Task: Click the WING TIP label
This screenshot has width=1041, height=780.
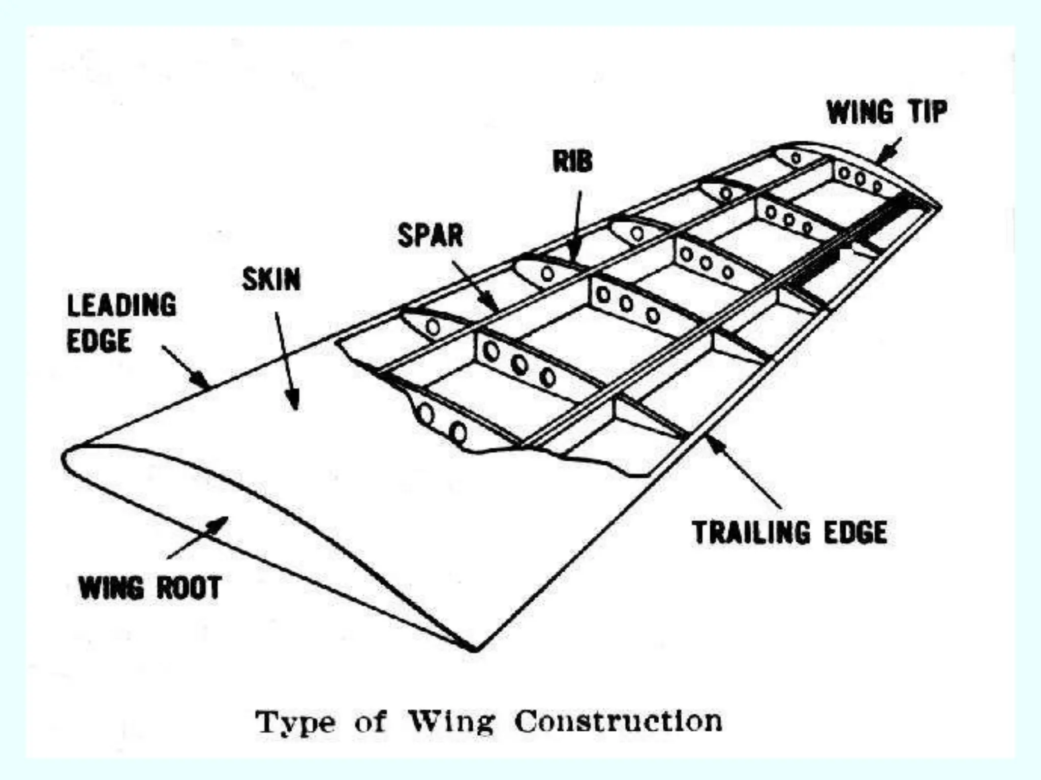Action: coord(886,112)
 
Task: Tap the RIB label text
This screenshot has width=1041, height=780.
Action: coord(572,162)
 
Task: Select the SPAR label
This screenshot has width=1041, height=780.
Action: coord(430,236)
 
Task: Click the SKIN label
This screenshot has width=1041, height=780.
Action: coord(271,279)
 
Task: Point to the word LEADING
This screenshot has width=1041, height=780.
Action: coord(122,305)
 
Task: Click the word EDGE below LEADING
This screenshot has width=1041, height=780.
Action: coord(99,341)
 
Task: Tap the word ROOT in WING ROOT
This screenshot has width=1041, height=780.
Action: coord(189,588)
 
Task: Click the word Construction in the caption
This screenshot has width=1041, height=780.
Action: coord(618,722)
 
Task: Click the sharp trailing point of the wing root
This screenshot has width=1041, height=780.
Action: coord(474,648)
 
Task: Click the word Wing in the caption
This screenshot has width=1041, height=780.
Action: coord(451,722)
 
